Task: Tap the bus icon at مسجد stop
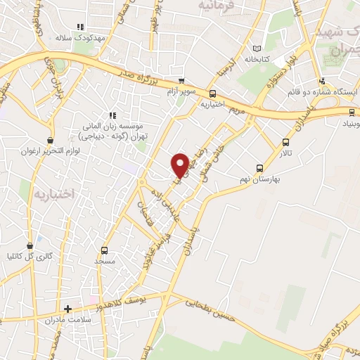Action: pos(105,250)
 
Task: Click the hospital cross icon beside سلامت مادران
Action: pos(67,309)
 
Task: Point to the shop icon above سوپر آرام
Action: pos(182,81)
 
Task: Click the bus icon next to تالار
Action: pos(285,141)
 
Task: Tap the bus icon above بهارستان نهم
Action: pos(260,168)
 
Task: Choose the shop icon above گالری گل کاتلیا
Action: pos(30,246)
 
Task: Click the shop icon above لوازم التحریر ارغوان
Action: pos(49,140)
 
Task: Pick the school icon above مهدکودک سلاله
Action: pos(89,27)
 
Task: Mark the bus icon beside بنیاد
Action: pos(352,111)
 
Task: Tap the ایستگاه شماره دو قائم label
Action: pos(323,91)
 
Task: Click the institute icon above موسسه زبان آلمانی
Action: pos(111,116)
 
